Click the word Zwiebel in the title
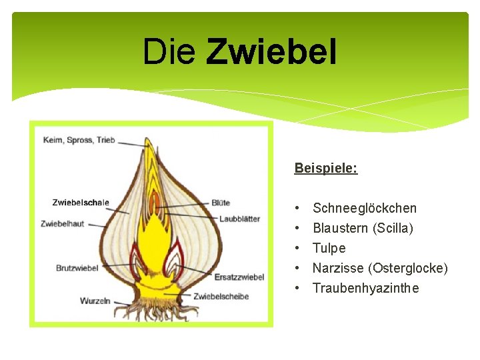(x=271, y=51)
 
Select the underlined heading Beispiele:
(x=326, y=168)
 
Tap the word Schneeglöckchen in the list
(x=365, y=209)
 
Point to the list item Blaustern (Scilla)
(x=363, y=229)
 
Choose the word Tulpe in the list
(x=329, y=249)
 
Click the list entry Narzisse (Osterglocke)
(x=380, y=269)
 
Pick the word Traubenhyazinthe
(x=366, y=289)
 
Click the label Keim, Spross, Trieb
(x=79, y=140)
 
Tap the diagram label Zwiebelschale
(x=81, y=203)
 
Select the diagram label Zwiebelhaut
(x=63, y=224)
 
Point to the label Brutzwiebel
(x=77, y=268)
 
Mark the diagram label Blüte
(x=221, y=203)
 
